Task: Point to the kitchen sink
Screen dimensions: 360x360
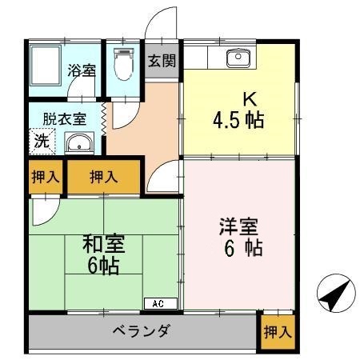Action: pos(238,58)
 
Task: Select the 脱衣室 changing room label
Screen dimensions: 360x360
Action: pos(65,118)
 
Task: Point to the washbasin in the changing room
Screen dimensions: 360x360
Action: pos(78,143)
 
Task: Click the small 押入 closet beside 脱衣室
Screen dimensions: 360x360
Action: pos(45,178)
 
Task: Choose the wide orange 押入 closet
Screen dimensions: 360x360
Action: pos(104,178)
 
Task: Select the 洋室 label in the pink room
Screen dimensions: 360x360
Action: pos(238,226)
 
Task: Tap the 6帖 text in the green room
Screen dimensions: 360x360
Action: pos(103,265)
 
